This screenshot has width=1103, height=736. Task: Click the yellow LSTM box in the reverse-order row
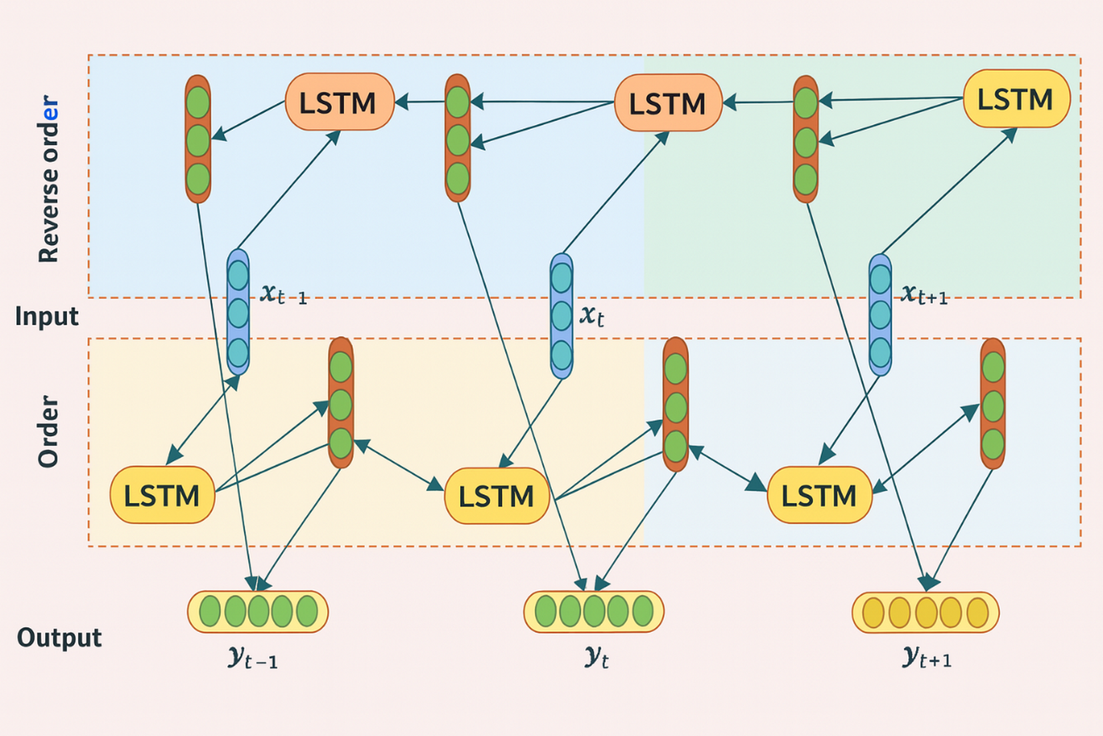(1016, 99)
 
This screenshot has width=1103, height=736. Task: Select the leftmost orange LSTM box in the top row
(339, 102)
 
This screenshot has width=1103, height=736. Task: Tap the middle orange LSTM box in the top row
(668, 103)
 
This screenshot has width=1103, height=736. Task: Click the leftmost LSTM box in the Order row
(162, 495)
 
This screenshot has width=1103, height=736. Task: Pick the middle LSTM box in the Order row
(497, 496)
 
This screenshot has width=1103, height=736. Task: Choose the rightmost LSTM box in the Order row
(820, 495)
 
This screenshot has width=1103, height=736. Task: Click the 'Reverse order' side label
(49, 179)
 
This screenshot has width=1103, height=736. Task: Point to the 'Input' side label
(47, 316)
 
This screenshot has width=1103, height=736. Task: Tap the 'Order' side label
(49, 431)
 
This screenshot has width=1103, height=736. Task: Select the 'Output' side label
(59, 638)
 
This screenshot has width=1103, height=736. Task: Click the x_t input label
(592, 315)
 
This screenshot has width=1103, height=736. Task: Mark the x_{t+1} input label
(924, 294)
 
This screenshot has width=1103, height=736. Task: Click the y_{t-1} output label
(253, 658)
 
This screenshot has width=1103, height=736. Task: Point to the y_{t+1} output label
(927, 657)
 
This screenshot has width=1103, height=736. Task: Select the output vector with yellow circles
(926, 612)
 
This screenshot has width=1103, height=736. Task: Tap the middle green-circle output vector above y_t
(594, 611)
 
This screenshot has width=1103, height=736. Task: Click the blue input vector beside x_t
(562, 316)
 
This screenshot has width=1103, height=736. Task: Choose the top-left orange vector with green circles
(198, 139)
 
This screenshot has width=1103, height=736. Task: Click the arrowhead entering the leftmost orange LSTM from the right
(401, 102)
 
